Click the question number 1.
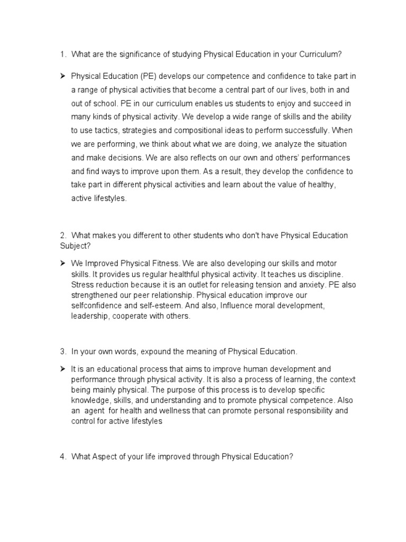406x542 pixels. coord(62,54)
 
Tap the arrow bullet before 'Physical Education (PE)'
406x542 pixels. coord(62,76)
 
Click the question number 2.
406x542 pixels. coord(62,236)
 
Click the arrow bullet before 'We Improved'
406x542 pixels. coord(62,263)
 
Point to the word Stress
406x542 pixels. coord(82,284)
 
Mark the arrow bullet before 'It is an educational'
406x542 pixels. coord(62,368)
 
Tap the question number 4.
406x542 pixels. coord(62,456)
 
